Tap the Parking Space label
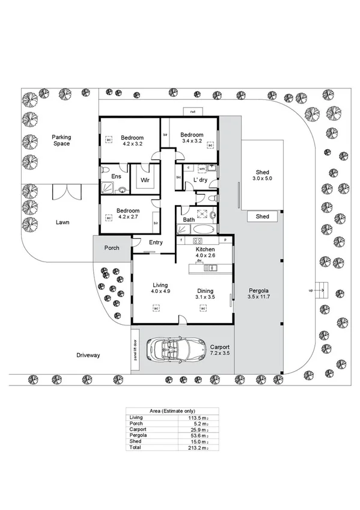pos(61,140)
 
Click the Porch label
pos(112,247)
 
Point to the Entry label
pos(156,242)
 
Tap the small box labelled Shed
pos(263,217)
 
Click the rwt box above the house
pos(193,112)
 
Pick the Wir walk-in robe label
pos(145,180)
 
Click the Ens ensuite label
pos(117,176)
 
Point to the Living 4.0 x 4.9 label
pos(160,288)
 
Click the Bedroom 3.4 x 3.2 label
pos(192,138)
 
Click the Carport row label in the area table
pos(138,430)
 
